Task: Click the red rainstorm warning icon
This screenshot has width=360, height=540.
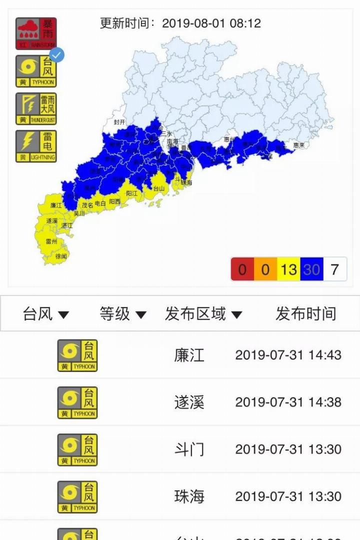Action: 36,33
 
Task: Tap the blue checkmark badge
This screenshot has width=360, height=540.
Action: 57,55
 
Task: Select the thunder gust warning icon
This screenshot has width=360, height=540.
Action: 36,108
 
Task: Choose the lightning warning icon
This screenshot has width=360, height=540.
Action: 36,146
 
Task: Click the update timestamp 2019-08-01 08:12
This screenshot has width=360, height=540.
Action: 211,23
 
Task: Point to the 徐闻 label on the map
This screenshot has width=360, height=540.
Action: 61,256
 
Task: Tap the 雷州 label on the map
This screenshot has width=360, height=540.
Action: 51,241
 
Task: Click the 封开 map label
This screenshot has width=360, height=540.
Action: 119,122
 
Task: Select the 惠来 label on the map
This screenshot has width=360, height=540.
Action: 299,145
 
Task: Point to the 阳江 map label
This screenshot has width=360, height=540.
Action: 132,193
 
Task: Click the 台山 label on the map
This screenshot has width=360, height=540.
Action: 158,188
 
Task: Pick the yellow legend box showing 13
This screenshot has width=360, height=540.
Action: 288,270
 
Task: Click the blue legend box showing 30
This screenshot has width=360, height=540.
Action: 311,270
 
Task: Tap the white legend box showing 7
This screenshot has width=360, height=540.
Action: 334,270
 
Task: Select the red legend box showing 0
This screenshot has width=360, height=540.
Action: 242,270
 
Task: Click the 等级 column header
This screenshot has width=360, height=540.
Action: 122,314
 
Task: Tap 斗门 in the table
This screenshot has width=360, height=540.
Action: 189,449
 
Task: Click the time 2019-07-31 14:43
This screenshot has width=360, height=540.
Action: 288,355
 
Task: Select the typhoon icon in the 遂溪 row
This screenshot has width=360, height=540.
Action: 77,402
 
